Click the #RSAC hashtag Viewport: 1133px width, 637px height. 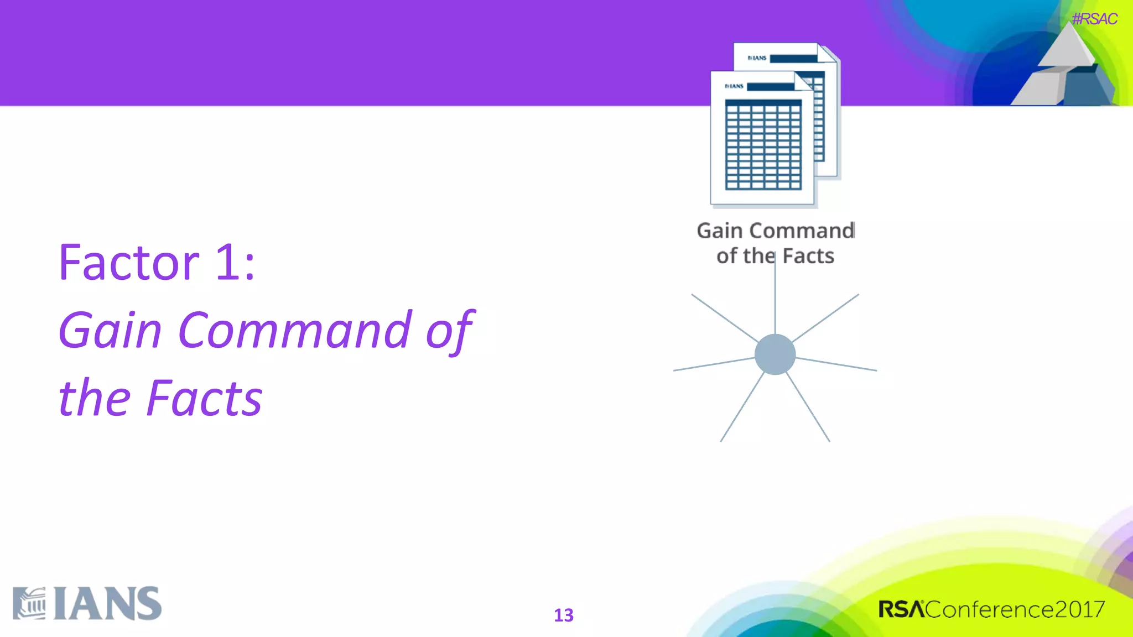1094,19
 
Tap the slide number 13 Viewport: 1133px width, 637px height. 564,615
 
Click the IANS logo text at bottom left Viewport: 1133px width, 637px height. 108,604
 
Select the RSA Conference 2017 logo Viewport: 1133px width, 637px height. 991,609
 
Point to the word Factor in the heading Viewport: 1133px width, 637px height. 129,263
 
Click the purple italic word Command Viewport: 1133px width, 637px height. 295,331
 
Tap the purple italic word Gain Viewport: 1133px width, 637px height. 110,331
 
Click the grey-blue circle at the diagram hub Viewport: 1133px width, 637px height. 775,354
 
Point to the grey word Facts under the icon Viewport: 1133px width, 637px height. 808,256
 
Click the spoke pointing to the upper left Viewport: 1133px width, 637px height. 725,318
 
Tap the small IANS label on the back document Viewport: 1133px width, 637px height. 757,58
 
